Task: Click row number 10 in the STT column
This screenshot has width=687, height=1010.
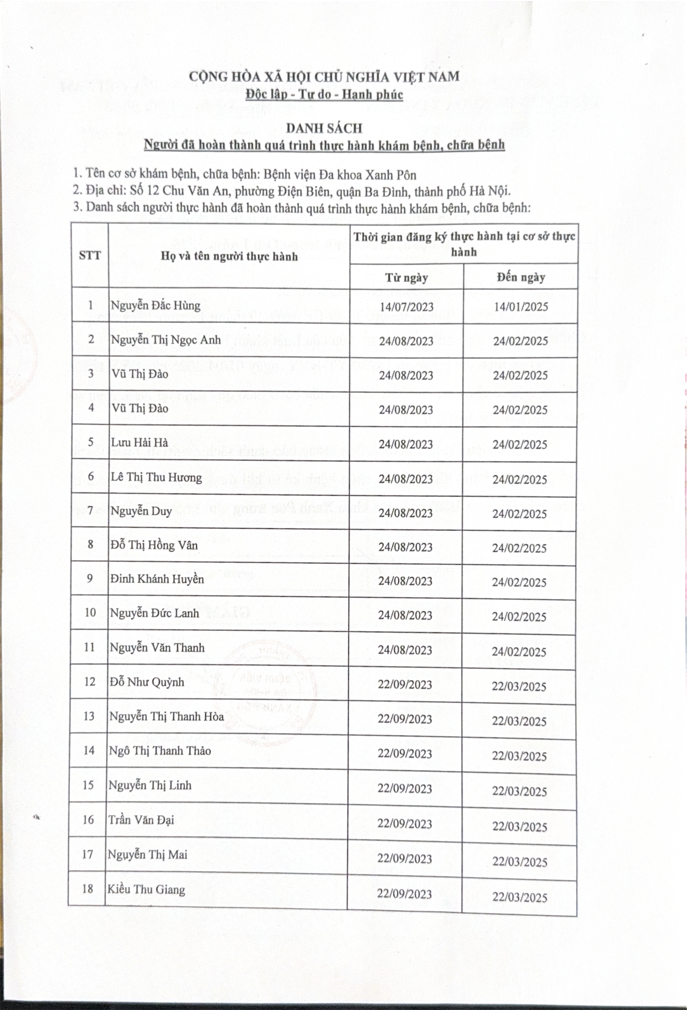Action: tap(90, 613)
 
